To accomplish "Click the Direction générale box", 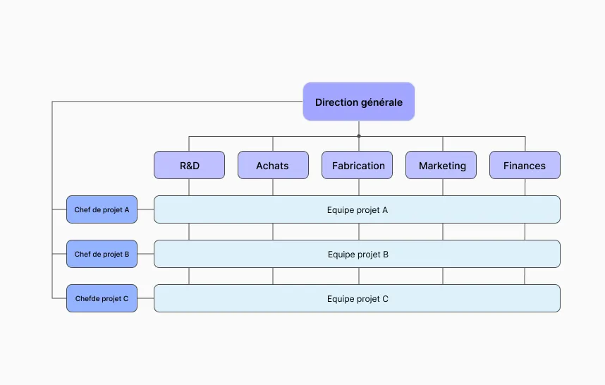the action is pyautogui.click(x=359, y=102).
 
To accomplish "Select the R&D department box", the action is pyautogui.click(x=189, y=165).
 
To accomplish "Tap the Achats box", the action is pyautogui.click(x=273, y=165).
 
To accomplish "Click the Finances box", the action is pyautogui.click(x=525, y=165).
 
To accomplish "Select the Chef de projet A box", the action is pyautogui.click(x=102, y=209).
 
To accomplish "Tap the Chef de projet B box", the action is pyautogui.click(x=102, y=254).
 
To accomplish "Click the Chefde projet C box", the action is pyautogui.click(x=102, y=298).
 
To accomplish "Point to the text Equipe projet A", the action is pyautogui.click(x=357, y=210).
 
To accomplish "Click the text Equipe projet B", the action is pyautogui.click(x=358, y=255).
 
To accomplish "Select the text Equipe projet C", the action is pyautogui.click(x=357, y=299).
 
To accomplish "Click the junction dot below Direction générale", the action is pyautogui.click(x=359, y=136).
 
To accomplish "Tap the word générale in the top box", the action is pyautogui.click(x=381, y=103).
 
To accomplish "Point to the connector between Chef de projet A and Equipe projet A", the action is pyautogui.click(x=145, y=209).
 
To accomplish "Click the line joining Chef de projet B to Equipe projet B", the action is pyautogui.click(x=145, y=254).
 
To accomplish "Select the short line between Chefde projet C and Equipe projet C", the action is pyautogui.click(x=145, y=298).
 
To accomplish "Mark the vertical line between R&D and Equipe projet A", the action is pyautogui.click(x=189, y=187).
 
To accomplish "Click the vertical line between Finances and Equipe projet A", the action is pyautogui.click(x=525, y=187).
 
